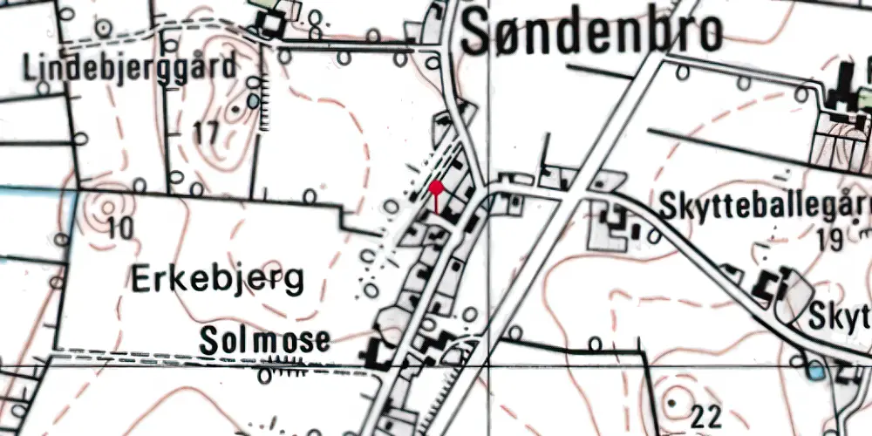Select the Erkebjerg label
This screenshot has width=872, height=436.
click(x=218, y=280)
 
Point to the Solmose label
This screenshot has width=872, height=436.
click(x=264, y=340)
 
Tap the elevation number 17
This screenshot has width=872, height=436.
click(x=206, y=134)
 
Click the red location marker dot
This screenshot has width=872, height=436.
click(x=436, y=187)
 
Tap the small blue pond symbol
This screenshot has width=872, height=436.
click(x=814, y=371)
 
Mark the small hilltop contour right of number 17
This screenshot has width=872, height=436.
click(x=234, y=111)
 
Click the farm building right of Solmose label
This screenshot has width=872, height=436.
click(x=376, y=354)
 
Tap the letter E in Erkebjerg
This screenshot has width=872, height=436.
click(x=142, y=280)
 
